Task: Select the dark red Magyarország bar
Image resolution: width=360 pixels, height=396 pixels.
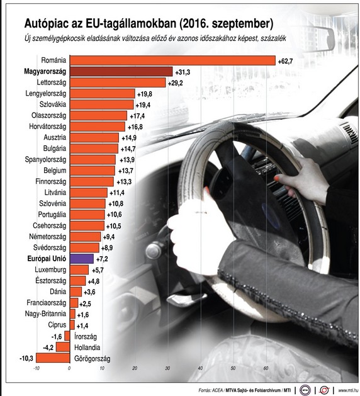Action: pyautogui.click(x=120, y=72)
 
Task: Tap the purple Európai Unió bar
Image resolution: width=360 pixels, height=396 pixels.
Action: pyautogui.click(x=81, y=258)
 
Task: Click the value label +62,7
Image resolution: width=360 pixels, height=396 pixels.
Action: pyautogui.click(x=287, y=60)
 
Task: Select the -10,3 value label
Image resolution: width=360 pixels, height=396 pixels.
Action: pyautogui.click(x=26, y=358)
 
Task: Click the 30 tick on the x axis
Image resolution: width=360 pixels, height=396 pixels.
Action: pyautogui.click(x=167, y=369)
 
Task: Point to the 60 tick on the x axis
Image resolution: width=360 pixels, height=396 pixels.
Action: pyautogui.click(x=266, y=369)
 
